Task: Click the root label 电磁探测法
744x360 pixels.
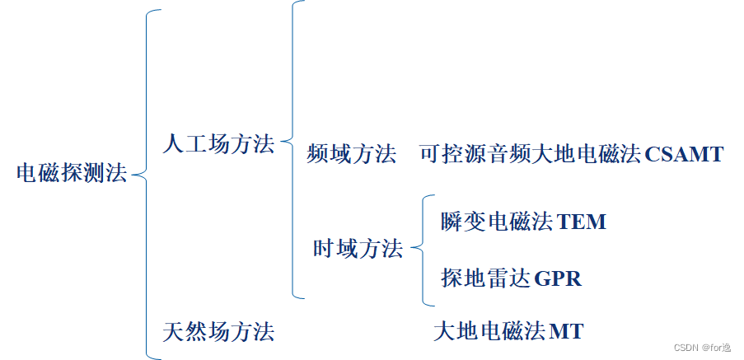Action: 72,174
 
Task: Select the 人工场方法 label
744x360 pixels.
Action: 218,144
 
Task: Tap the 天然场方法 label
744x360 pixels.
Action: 218,332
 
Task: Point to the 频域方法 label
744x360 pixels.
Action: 351,154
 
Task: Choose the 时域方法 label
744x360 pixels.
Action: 358,248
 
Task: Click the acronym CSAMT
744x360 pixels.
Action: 685,154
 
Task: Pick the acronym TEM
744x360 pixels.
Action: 582,222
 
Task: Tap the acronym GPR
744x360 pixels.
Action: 558,278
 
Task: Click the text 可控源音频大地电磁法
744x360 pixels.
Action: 531,154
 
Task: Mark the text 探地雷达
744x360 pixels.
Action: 485,278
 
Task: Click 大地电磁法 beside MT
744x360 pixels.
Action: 489,332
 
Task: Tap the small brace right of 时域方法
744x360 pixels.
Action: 422,248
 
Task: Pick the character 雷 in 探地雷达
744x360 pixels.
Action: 497,278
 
